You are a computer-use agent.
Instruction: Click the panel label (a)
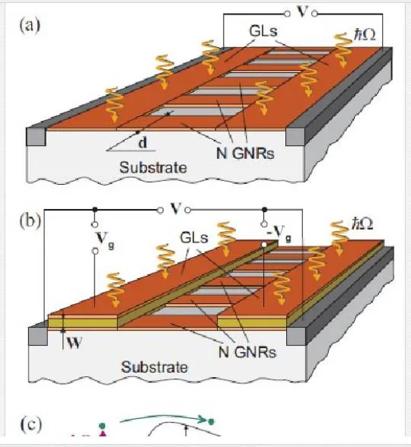(x=30, y=26)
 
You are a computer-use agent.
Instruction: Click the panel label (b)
(x=30, y=221)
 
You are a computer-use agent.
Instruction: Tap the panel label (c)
(x=31, y=424)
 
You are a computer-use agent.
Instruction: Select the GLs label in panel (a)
(x=263, y=30)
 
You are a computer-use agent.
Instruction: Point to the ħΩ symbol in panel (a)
(x=364, y=35)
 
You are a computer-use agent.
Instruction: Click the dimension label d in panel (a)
(x=143, y=142)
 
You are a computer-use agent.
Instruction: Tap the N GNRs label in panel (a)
(x=245, y=154)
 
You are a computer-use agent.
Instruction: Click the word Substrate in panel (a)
(x=153, y=167)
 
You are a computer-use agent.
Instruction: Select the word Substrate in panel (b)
(x=155, y=367)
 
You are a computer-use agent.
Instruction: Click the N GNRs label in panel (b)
(x=247, y=353)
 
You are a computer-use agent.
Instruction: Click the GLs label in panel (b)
(x=194, y=237)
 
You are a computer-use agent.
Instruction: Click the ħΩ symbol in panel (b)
(x=362, y=223)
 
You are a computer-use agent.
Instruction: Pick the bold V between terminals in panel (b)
(x=175, y=208)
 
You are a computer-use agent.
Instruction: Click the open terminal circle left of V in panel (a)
(x=288, y=14)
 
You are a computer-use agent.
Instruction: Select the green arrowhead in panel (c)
(x=202, y=420)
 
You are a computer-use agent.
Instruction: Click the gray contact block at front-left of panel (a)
(x=36, y=137)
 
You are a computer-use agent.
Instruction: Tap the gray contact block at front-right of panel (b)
(x=296, y=336)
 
